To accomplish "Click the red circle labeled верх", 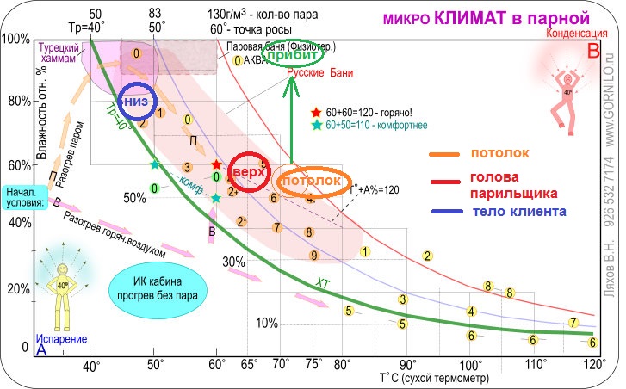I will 248,170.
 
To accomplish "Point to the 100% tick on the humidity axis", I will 16,40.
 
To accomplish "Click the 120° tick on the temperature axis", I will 592,363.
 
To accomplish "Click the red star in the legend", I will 318,113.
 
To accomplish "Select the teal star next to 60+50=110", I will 318,126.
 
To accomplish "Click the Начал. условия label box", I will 23,198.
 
